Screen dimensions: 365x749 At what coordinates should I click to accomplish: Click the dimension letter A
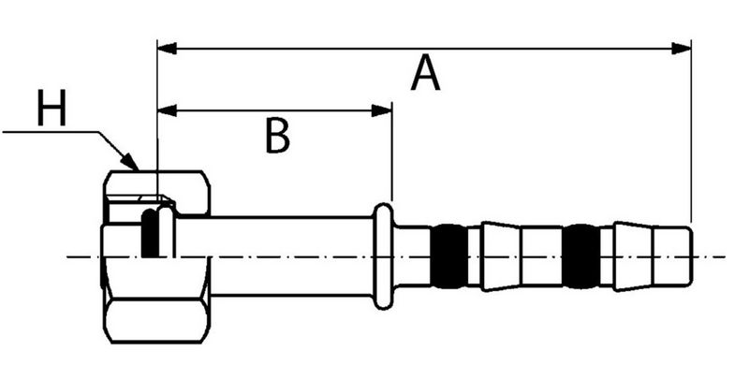tap(425, 74)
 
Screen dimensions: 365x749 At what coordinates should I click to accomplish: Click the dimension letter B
tap(275, 136)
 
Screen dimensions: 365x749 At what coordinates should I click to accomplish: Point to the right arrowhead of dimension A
tap(683, 47)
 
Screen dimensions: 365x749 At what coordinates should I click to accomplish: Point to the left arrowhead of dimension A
tap(166, 47)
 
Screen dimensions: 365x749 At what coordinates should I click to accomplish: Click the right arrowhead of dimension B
tap(383, 110)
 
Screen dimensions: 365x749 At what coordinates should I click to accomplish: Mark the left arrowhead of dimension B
tap(166, 110)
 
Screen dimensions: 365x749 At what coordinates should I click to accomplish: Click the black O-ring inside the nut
tap(149, 234)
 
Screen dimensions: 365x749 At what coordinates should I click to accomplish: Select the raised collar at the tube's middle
tap(383, 255)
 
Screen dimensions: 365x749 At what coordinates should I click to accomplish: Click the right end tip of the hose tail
tap(690, 255)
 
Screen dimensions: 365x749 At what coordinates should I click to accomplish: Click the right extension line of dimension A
tap(691, 131)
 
